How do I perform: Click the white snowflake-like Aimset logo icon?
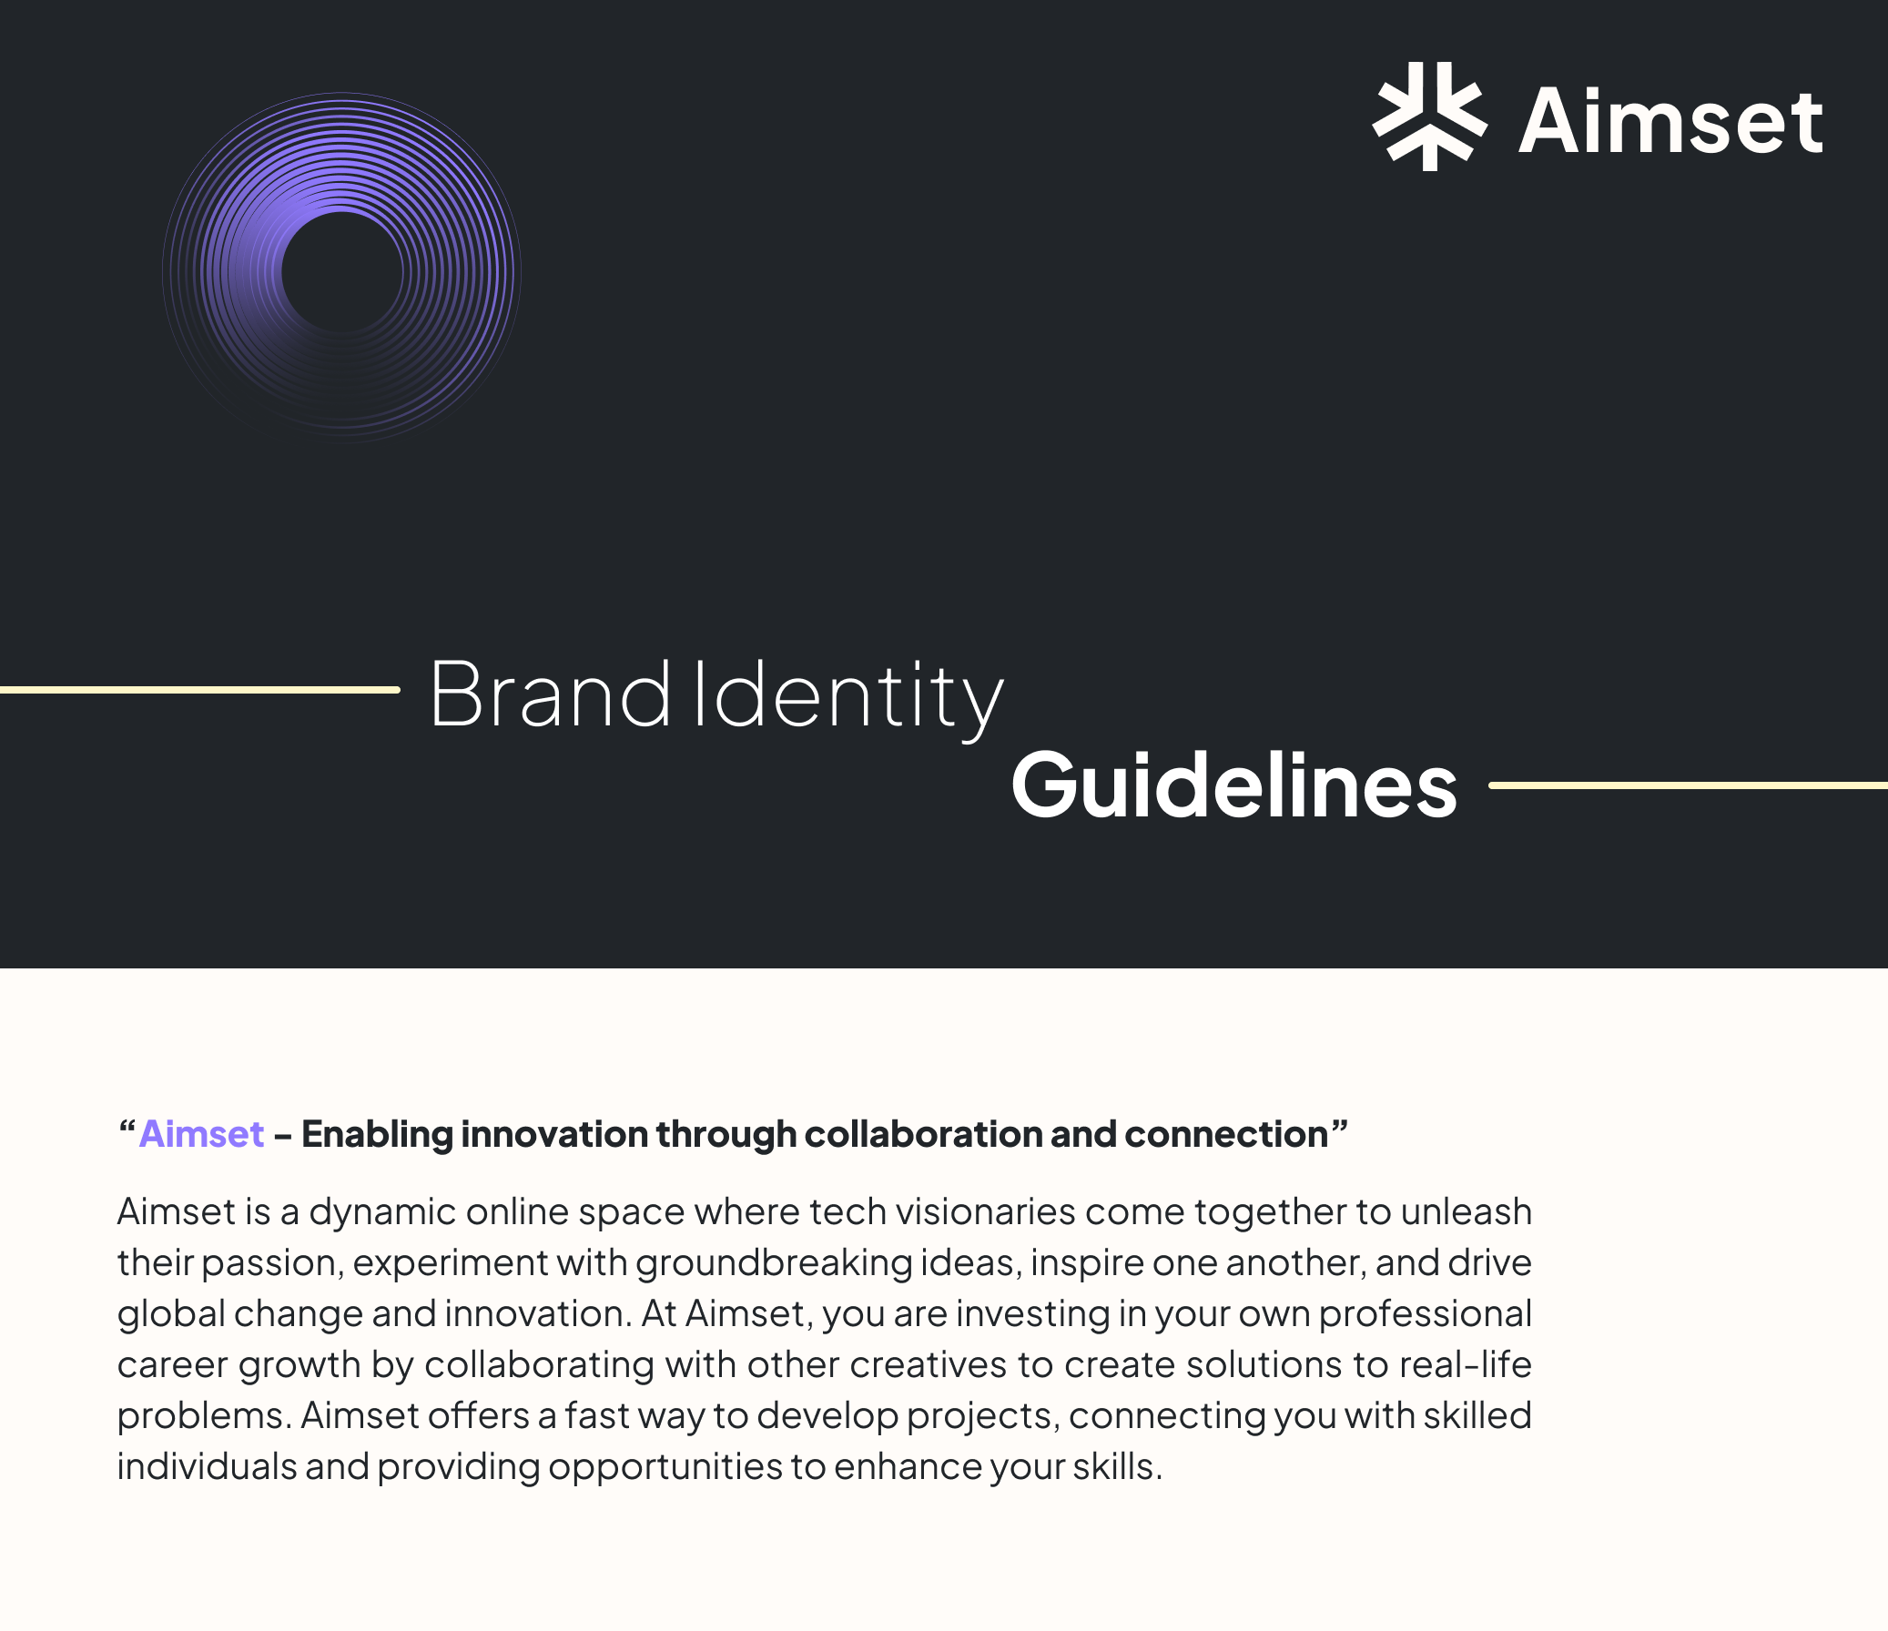pos(1430,116)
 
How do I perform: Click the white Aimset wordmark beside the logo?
pos(1670,121)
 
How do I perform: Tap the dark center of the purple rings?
pos(341,271)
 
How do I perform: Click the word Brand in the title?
pos(550,694)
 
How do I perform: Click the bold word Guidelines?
pos(1233,785)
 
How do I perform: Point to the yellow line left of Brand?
pos(198,690)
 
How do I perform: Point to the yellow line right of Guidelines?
pos(1688,785)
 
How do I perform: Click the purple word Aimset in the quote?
pos(201,1134)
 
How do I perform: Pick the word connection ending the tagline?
pos(1225,1134)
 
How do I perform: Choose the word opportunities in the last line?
pos(665,1467)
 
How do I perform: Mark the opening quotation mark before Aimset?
pos(127,1130)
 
